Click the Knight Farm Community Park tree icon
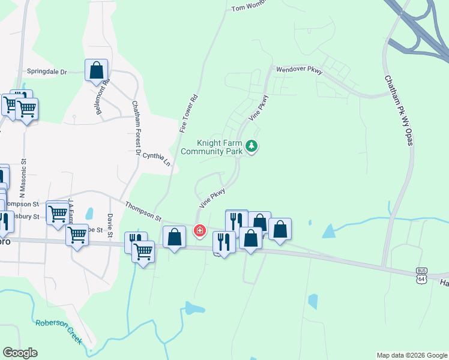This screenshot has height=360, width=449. click(253, 146)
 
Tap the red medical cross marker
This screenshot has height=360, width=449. click(199, 230)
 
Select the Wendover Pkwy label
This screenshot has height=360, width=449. click(300, 70)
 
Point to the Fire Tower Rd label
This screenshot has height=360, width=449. click(188, 113)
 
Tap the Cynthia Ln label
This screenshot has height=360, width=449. click(157, 158)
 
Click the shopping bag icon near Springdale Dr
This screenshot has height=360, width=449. click(96, 70)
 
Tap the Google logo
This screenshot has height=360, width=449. click(20, 353)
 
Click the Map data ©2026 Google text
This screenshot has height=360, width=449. click(411, 355)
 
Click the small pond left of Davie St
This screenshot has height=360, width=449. click(89, 213)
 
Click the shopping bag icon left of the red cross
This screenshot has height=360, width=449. click(174, 237)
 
